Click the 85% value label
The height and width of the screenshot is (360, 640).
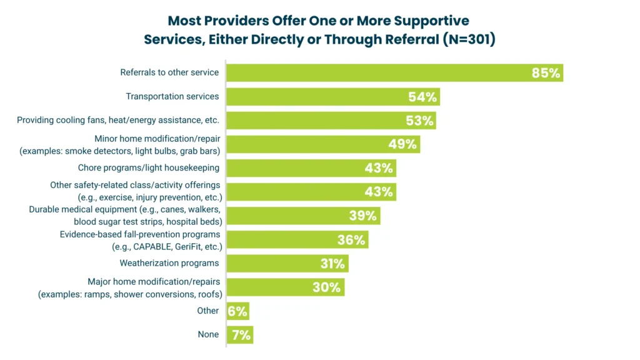[546, 73]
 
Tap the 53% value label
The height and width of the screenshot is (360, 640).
[419, 121]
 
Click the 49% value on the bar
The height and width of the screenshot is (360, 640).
[402, 144]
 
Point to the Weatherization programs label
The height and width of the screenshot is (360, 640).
[169, 263]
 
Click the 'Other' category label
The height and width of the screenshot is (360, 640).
[208, 311]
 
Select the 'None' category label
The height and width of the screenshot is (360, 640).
[208, 334]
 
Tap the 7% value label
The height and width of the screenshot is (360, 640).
[241, 335]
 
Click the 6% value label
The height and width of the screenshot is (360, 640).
[237, 311]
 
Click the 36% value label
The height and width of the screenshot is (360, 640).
[351, 240]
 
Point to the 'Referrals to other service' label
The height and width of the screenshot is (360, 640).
[169, 72]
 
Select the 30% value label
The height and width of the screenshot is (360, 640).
[327, 287]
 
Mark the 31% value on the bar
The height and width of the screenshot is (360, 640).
[332, 264]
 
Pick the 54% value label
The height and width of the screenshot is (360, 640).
[422, 97]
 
